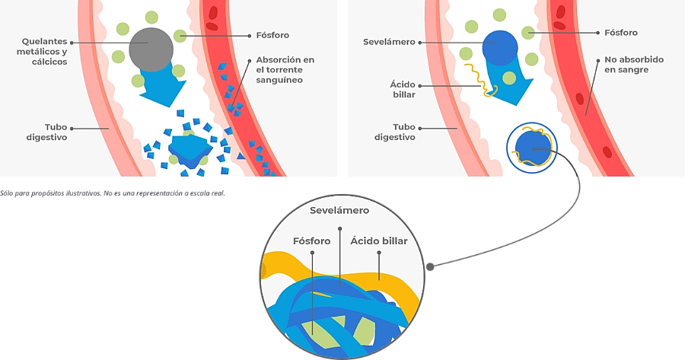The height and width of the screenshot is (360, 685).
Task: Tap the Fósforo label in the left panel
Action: coord(271,35)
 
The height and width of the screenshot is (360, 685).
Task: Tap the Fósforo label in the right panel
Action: coord(620,33)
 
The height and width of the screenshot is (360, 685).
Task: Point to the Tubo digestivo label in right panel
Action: coord(394,132)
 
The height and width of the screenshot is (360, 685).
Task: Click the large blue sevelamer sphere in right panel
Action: coord(500,49)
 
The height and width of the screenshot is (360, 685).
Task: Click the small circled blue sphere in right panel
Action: coord(531,148)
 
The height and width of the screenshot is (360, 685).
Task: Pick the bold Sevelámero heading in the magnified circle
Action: coord(339,210)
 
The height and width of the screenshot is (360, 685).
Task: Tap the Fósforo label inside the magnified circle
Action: coord(312,241)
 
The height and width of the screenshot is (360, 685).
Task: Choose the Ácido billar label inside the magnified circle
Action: coord(378,241)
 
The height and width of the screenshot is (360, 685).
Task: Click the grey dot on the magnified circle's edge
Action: coord(431,266)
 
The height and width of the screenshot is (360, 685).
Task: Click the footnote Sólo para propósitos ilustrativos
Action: coord(113,193)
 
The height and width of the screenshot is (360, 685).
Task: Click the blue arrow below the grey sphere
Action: coord(161,88)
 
